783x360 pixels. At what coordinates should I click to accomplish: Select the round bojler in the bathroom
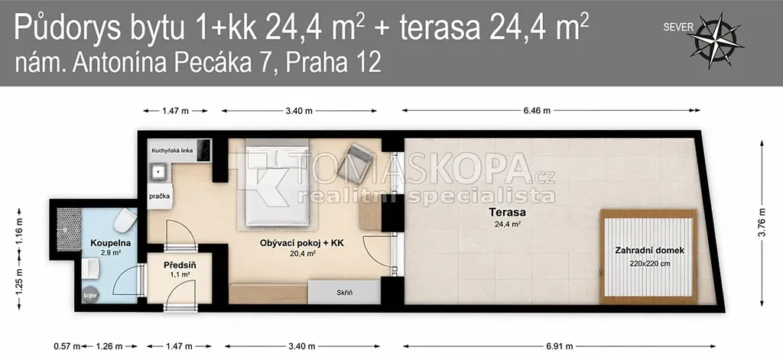[x=91, y=294]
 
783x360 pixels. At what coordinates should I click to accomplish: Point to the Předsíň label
[x=180, y=265]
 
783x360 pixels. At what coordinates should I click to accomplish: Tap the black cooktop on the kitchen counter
[x=203, y=149]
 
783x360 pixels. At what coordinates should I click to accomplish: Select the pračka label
[x=160, y=196]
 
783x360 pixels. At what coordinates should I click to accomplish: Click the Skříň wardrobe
[x=345, y=292]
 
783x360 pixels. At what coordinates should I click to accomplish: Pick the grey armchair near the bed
[x=355, y=161]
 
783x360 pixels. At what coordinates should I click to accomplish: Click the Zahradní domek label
[x=650, y=251]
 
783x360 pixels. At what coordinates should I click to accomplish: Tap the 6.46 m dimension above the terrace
[x=537, y=111]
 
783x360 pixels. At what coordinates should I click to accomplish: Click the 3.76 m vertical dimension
[x=762, y=223]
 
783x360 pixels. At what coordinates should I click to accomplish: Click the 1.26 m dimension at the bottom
[x=109, y=346]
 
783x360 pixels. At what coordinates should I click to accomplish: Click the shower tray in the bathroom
[x=70, y=229]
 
